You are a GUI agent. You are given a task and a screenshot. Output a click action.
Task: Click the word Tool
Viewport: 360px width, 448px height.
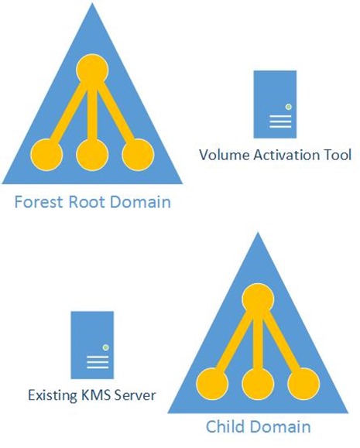(337, 156)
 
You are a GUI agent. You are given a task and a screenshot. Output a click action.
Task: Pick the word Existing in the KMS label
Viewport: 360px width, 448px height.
(53, 396)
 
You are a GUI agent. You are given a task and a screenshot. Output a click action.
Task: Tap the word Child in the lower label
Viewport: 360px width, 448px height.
(225, 427)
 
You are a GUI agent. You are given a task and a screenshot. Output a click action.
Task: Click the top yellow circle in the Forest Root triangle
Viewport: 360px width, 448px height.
(92, 70)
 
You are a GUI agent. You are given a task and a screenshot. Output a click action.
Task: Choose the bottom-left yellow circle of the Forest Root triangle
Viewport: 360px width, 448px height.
(46, 155)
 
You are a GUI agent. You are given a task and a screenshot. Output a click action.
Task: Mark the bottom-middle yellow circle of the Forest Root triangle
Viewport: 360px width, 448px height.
(92, 155)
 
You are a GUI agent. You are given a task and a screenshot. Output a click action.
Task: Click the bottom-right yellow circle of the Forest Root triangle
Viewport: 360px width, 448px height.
(138, 155)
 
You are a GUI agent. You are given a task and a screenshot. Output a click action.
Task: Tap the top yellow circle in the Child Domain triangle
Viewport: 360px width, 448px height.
(258, 299)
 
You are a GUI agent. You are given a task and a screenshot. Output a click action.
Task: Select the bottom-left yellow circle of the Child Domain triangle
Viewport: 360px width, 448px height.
(212, 384)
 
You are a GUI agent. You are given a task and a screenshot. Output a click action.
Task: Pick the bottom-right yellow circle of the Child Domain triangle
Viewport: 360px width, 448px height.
(303, 384)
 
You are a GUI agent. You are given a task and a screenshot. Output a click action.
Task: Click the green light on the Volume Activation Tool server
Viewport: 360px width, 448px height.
(289, 107)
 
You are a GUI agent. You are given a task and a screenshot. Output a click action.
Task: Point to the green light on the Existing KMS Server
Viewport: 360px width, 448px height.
(106, 347)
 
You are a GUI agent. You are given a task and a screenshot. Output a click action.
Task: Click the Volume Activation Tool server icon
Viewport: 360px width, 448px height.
(275, 104)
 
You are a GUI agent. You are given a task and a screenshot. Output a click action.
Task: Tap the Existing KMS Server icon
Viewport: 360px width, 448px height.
(92, 345)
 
